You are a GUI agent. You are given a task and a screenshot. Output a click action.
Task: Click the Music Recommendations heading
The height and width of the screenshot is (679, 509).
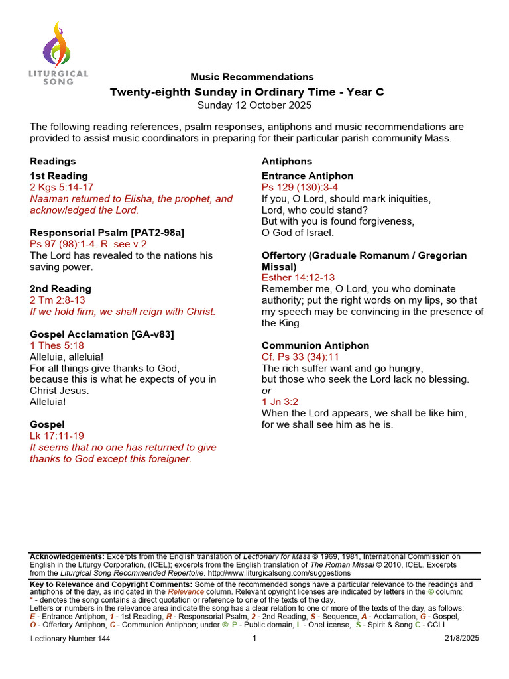coord(252,77)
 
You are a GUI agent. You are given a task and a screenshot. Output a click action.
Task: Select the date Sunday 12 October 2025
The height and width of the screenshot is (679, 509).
coord(254,105)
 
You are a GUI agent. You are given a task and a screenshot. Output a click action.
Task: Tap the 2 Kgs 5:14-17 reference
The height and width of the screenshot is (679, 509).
coord(62,187)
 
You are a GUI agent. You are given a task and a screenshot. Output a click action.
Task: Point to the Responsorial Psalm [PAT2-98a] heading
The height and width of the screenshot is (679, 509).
coord(107,233)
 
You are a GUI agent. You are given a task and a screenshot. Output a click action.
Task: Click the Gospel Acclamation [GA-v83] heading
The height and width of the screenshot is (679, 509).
coord(102,334)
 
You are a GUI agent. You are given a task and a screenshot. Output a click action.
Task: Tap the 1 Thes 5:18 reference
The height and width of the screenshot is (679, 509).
coord(57,345)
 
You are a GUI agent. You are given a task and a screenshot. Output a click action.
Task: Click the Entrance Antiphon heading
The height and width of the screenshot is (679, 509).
coord(308,176)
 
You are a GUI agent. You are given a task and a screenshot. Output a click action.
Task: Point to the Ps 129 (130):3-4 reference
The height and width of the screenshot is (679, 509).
coord(300,187)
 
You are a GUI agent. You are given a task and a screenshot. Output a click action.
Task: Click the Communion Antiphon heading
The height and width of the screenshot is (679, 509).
coord(315,345)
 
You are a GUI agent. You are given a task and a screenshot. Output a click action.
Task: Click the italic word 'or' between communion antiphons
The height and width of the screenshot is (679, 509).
coord(266,391)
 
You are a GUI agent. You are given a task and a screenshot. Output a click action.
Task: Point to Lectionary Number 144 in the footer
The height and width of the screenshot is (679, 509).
coord(70,639)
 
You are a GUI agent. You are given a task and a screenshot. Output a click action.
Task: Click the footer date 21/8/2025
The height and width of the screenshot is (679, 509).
coord(461,639)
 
